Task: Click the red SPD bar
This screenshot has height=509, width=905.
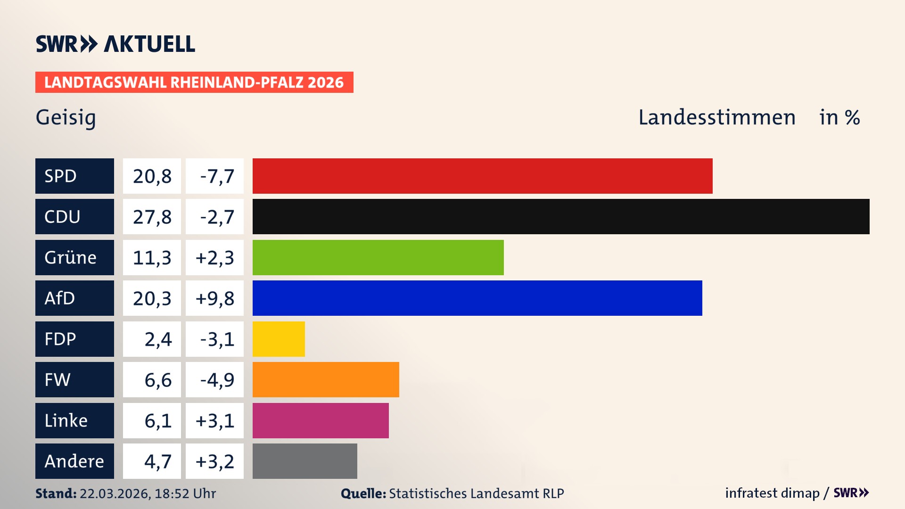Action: click(482, 176)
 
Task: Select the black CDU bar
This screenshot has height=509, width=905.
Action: click(561, 217)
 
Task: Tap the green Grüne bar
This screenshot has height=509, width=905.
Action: click(378, 257)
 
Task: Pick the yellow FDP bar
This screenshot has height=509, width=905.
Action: click(279, 339)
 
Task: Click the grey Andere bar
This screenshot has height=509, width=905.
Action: click(304, 461)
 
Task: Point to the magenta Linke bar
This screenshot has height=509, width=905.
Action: click(321, 420)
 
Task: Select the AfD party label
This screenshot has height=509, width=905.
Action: click(74, 298)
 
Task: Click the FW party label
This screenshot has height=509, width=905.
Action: click(74, 379)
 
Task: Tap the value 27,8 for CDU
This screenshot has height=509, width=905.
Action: click(152, 217)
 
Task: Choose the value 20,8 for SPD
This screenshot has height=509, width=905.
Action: click(152, 176)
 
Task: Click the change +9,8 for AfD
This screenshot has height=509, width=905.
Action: click(214, 298)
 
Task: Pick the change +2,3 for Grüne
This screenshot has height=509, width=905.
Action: click(214, 258)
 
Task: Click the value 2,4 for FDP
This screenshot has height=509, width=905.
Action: click(157, 339)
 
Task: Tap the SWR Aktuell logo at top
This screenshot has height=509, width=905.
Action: click(115, 44)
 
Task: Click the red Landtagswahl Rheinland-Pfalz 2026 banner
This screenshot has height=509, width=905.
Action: click(194, 82)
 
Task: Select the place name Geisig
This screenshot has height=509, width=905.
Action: click(66, 117)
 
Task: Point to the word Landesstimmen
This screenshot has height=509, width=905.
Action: click(716, 117)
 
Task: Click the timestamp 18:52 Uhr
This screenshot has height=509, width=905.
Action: click(185, 493)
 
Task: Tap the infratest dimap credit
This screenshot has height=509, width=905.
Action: click(772, 493)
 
